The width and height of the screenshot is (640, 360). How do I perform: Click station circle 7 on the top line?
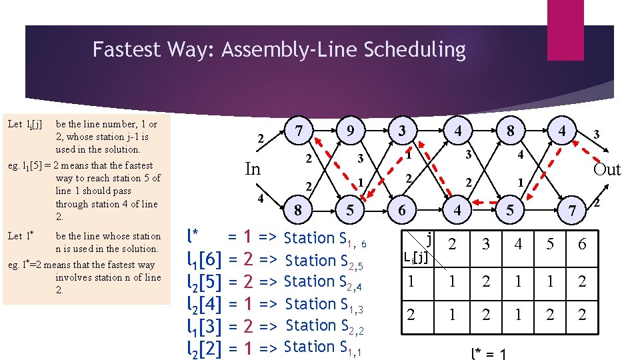[x=300, y=129]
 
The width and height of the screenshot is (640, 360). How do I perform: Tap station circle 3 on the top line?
[x=402, y=130]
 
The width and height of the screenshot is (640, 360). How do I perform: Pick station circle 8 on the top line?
[x=510, y=131]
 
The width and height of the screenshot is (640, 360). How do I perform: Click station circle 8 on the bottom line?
[x=298, y=210]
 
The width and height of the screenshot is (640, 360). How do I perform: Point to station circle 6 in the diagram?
[x=402, y=210]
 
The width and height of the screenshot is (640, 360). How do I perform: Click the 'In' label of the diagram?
[x=253, y=169]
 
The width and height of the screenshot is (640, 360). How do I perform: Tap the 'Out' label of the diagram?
[x=607, y=169]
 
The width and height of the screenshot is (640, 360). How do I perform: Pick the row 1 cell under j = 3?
[x=486, y=281]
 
